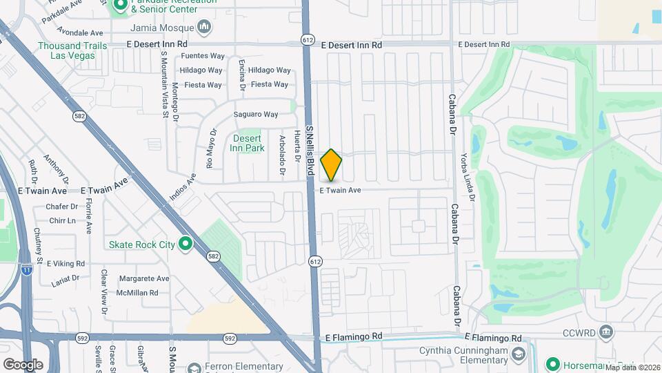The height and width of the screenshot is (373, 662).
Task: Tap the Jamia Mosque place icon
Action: coord(204,28)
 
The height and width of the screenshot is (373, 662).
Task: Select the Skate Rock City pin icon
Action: coord(185,244)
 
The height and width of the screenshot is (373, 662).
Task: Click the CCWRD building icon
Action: coord(605,332)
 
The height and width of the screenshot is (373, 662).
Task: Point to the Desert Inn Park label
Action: coord(248,143)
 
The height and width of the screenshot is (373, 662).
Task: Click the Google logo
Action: coord(23,364)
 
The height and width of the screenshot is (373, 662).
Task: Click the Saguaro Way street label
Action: coord(256,114)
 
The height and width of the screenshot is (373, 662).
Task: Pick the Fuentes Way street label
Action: coord(203,56)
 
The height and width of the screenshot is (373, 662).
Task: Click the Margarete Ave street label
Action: coord(144,279)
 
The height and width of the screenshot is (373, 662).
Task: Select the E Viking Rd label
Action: coord(66,264)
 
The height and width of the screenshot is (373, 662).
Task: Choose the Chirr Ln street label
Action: coord(62,221)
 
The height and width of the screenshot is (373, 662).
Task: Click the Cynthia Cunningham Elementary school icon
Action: coord(517,356)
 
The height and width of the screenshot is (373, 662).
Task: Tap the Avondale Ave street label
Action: coord(81,32)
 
